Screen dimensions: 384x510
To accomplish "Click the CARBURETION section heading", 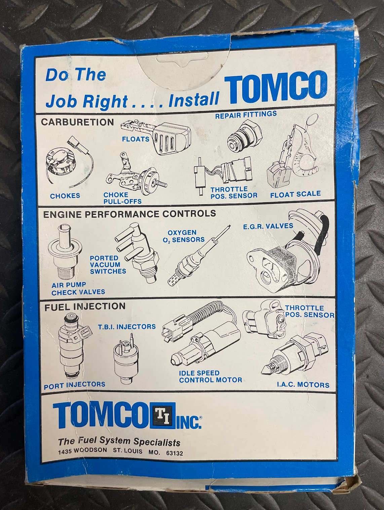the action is (x=77, y=122).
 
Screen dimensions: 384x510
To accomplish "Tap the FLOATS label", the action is (x=136, y=139).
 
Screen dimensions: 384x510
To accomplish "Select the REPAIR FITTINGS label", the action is (x=246, y=115).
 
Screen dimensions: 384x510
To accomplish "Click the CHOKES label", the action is (x=65, y=196).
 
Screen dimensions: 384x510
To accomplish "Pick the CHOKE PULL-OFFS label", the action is (x=122, y=198).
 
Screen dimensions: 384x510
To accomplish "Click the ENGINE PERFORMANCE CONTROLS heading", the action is (x=130, y=214).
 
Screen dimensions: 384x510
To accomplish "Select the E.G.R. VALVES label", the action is (x=268, y=226).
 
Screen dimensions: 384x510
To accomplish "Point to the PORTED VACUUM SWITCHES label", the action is (x=108, y=265).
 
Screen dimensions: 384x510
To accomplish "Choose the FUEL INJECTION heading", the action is (x=85, y=307).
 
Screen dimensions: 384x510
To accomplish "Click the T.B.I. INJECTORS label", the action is (x=127, y=327).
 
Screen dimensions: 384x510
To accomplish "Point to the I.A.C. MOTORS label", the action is (x=303, y=385).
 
